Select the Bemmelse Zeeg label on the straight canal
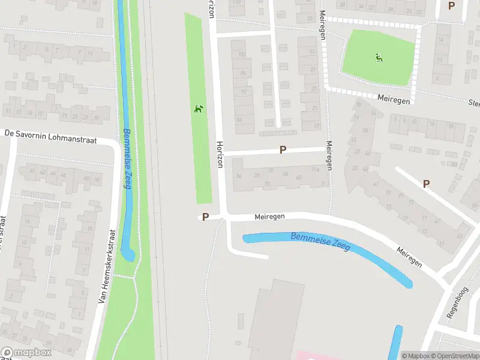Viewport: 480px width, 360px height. tap(127, 158)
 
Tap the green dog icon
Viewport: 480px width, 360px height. tap(199, 109)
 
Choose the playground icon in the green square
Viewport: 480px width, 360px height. tap(379, 58)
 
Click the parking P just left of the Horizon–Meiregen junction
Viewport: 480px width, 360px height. tap(205, 217)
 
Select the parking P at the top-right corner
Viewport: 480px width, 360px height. tap(451, 5)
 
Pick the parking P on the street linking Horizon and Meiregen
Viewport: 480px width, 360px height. tap(283, 150)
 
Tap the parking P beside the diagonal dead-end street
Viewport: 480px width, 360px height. tap(427, 184)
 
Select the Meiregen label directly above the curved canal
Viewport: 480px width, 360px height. tap(269, 215)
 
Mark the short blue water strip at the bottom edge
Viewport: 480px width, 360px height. tap(396, 342)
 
